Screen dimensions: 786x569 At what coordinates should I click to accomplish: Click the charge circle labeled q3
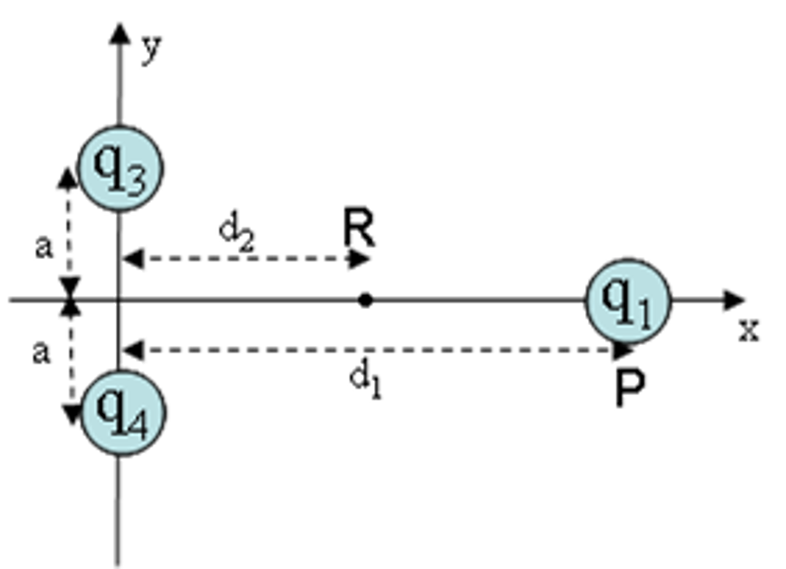click(x=120, y=168)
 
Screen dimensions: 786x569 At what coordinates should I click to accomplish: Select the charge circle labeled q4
click(x=122, y=413)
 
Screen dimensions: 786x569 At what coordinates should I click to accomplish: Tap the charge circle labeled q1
click(x=628, y=301)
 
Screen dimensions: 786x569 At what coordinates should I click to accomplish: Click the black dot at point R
click(x=365, y=301)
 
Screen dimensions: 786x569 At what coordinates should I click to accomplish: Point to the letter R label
click(x=360, y=228)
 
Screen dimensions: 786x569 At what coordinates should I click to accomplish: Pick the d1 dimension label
click(x=365, y=380)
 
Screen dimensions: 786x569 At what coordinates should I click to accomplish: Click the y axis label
click(x=151, y=49)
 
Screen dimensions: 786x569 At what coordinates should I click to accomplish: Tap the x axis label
click(x=749, y=331)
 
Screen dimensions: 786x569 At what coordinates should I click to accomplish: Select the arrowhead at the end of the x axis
click(x=734, y=301)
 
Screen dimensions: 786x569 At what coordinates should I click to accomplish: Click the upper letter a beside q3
click(x=44, y=247)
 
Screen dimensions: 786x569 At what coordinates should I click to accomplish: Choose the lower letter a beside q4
click(x=41, y=353)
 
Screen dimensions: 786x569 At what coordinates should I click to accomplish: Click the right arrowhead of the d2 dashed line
click(x=360, y=259)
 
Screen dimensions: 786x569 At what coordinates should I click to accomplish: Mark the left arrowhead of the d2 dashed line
click(x=133, y=259)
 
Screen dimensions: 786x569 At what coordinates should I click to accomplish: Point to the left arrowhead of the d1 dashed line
click(x=133, y=350)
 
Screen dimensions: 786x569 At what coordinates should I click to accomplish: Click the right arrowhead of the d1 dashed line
click(x=623, y=350)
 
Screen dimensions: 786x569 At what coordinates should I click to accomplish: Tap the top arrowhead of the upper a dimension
click(x=67, y=178)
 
